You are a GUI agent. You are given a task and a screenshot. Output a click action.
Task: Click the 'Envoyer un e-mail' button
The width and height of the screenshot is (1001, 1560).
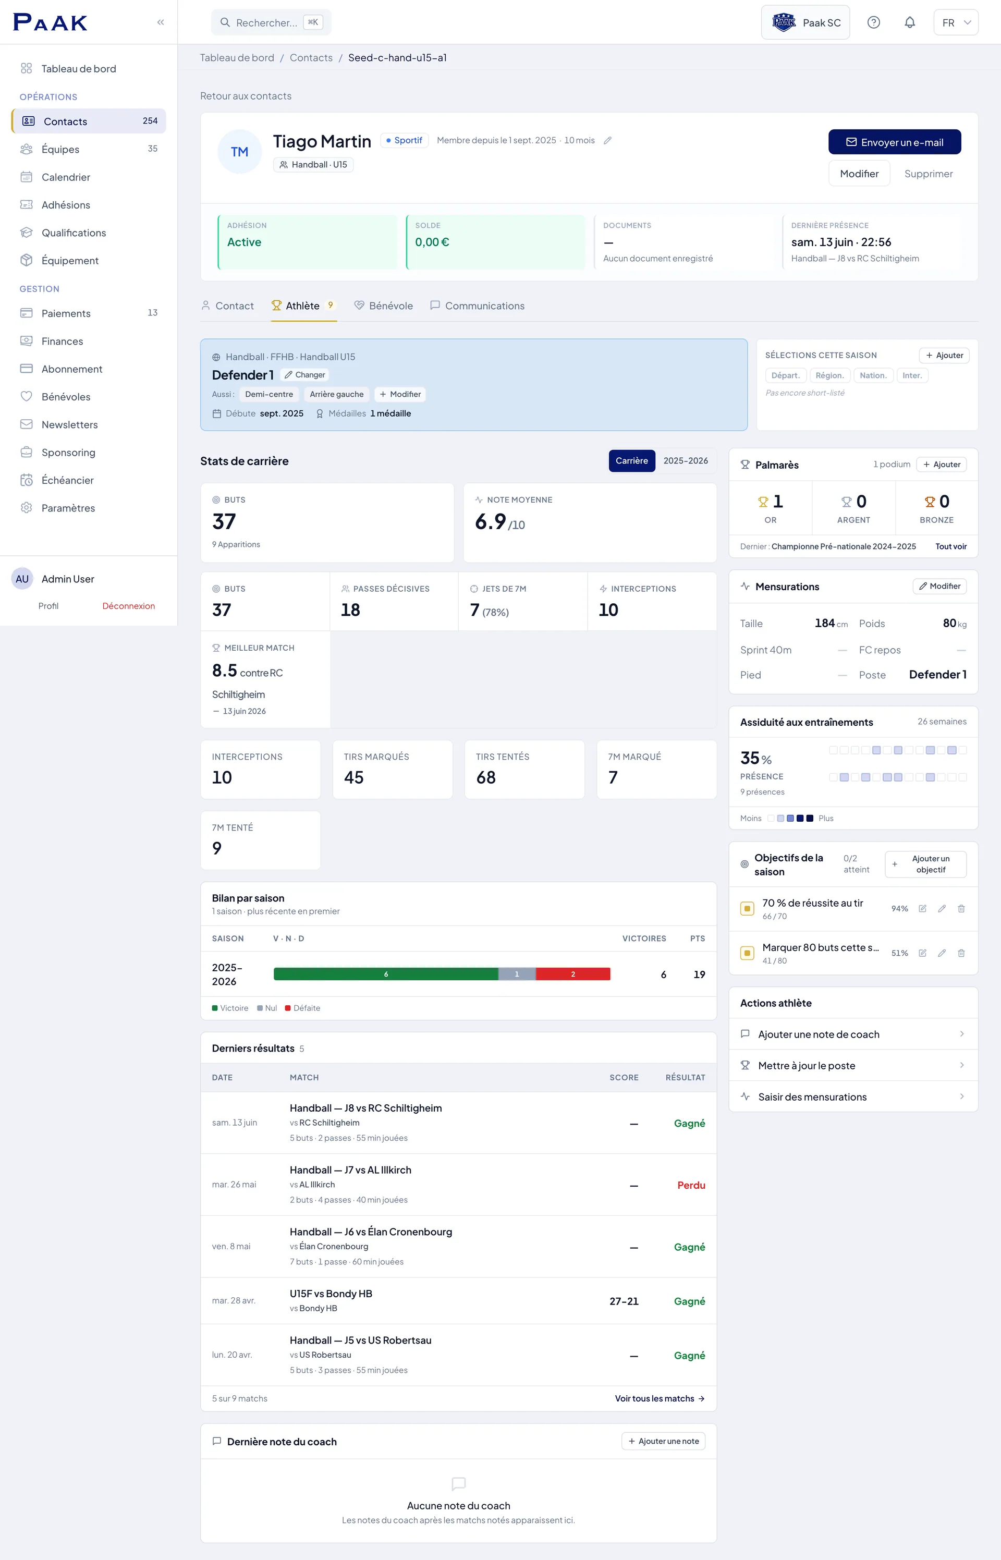coord(895,142)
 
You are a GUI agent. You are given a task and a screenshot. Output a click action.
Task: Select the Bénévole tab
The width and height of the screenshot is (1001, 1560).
coord(384,306)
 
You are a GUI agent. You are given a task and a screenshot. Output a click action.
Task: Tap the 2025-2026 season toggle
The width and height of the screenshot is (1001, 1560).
coord(685,461)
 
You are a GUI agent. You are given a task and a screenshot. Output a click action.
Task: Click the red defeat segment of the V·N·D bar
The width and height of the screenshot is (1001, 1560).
coord(572,974)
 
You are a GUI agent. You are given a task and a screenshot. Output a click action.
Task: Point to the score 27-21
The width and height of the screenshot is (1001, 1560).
coord(624,1301)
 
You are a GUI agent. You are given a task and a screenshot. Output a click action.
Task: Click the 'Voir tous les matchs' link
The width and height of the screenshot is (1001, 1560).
coord(660,1399)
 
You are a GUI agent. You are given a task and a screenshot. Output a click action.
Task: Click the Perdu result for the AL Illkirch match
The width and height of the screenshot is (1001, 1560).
coord(691,1186)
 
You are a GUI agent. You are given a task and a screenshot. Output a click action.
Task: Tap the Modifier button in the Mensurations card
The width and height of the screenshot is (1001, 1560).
coord(939,586)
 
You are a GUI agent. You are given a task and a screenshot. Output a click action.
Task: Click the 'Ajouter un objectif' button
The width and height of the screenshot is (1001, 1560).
coord(925,864)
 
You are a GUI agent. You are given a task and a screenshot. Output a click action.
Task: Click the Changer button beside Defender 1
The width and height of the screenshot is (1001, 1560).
coord(305,375)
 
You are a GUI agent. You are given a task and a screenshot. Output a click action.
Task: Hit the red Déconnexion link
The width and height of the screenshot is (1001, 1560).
coord(129,606)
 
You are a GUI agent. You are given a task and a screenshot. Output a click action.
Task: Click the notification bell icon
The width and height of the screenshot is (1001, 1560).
coord(909,23)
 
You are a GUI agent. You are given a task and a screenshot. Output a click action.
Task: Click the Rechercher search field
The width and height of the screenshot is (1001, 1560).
coord(271,23)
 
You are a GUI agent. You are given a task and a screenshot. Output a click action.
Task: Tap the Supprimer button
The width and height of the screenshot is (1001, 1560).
coord(928,174)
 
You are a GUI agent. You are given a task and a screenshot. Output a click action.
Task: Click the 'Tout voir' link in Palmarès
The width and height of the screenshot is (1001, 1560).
coord(950,546)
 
